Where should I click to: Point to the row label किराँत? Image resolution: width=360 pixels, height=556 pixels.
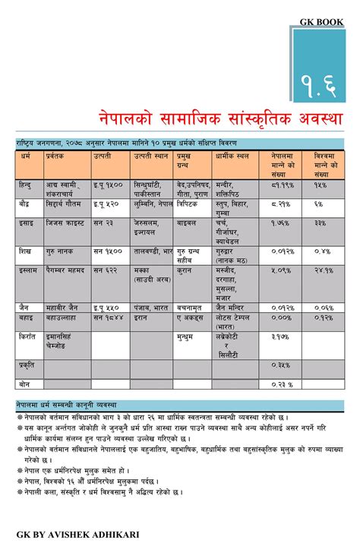point(30,335)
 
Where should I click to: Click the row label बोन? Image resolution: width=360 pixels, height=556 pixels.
point(25,384)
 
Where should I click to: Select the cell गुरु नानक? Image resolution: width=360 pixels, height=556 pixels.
point(62,250)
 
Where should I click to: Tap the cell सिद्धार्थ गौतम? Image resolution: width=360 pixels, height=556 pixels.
point(65,205)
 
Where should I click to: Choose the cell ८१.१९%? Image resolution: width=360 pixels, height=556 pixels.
point(281,185)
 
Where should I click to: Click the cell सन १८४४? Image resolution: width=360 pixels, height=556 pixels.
point(109,317)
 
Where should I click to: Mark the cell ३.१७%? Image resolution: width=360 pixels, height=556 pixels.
point(280,335)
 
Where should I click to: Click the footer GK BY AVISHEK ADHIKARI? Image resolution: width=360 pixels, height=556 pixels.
point(77,535)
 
